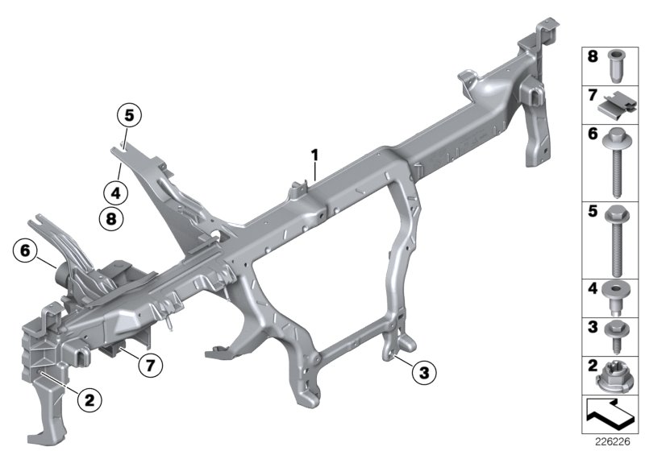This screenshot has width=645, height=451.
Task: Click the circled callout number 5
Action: (127, 114)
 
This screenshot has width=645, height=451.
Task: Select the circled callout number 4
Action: (115, 192)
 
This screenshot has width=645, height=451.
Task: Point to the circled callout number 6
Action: (24, 252)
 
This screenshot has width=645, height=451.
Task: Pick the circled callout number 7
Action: (147, 365)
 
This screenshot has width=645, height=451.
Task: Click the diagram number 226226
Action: (610, 441)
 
